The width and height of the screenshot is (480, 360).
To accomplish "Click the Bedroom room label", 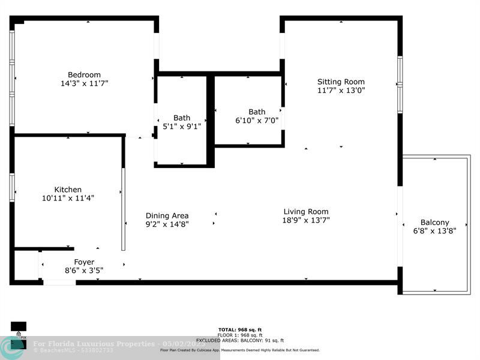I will pos(84,75).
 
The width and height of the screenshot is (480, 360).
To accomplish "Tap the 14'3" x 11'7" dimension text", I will pos(84,84).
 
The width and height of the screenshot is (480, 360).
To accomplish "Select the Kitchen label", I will pos(68,190).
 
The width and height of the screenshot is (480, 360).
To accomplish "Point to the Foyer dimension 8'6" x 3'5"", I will pos(84,271).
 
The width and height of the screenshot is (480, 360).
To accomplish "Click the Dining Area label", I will pos(167,216).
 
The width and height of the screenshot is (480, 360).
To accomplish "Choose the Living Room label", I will pos(306,212).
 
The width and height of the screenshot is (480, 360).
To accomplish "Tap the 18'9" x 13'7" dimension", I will pos(306,220).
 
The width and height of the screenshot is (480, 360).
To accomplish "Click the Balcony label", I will pos(434,223).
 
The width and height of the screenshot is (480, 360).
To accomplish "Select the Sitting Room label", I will pos(341,82).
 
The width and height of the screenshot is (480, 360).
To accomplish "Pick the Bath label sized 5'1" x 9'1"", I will pos(182,118).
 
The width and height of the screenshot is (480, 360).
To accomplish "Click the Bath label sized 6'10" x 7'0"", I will pos(257,112).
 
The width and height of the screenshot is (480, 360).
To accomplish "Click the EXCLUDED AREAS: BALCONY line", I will pos(240,340).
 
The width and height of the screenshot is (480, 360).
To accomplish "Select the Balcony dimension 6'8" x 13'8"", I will pos(434,231).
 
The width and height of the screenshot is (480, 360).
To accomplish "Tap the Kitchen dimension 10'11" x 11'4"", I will pos(68,198).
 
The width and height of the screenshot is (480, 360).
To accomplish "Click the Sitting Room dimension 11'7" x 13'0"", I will pos(341,91).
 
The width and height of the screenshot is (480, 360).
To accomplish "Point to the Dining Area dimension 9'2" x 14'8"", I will pos(167,224).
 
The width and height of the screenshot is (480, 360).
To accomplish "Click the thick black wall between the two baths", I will pos(211,120).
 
